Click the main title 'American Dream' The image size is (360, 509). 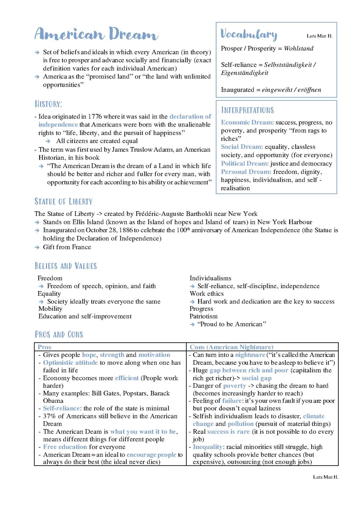(x=96, y=34)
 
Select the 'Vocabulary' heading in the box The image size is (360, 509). (x=249, y=34)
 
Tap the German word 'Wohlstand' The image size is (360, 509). (x=298, y=48)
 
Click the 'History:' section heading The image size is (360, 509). (x=48, y=104)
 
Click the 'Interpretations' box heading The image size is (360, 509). (x=247, y=110)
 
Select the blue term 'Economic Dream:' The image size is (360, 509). (x=247, y=122)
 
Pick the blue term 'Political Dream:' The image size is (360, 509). (x=245, y=164)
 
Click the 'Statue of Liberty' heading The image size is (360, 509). (x=63, y=202)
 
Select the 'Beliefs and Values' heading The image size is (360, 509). (x=66, y=266)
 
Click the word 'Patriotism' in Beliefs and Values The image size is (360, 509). (x=203, y=316)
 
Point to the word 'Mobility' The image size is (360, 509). (x=50, y=308)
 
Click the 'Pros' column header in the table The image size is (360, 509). (x=44, y=347)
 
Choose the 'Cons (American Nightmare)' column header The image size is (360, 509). (x=231, y=347)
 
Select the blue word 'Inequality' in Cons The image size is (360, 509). (x=207, y=447)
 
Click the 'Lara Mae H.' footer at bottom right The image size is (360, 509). (x=325, y=477)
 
